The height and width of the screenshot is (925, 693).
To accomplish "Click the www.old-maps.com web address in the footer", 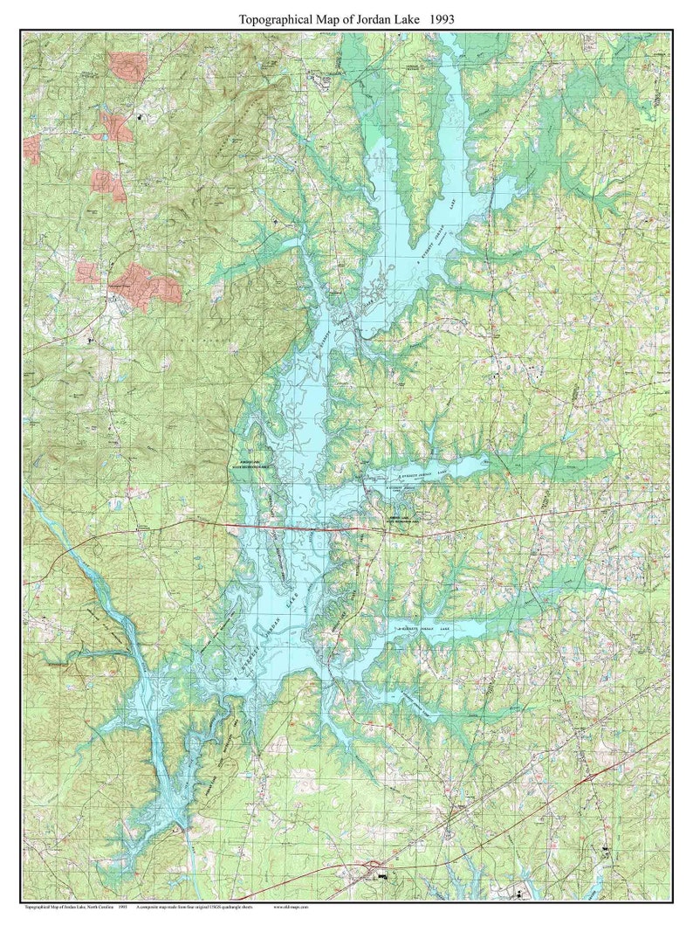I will click(291, 908).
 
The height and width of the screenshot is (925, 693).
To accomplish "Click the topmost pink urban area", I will click(127, 63).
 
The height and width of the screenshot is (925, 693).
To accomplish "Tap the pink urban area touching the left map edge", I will click(31, 148).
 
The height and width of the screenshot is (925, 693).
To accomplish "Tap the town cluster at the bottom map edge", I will click(380, 870).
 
